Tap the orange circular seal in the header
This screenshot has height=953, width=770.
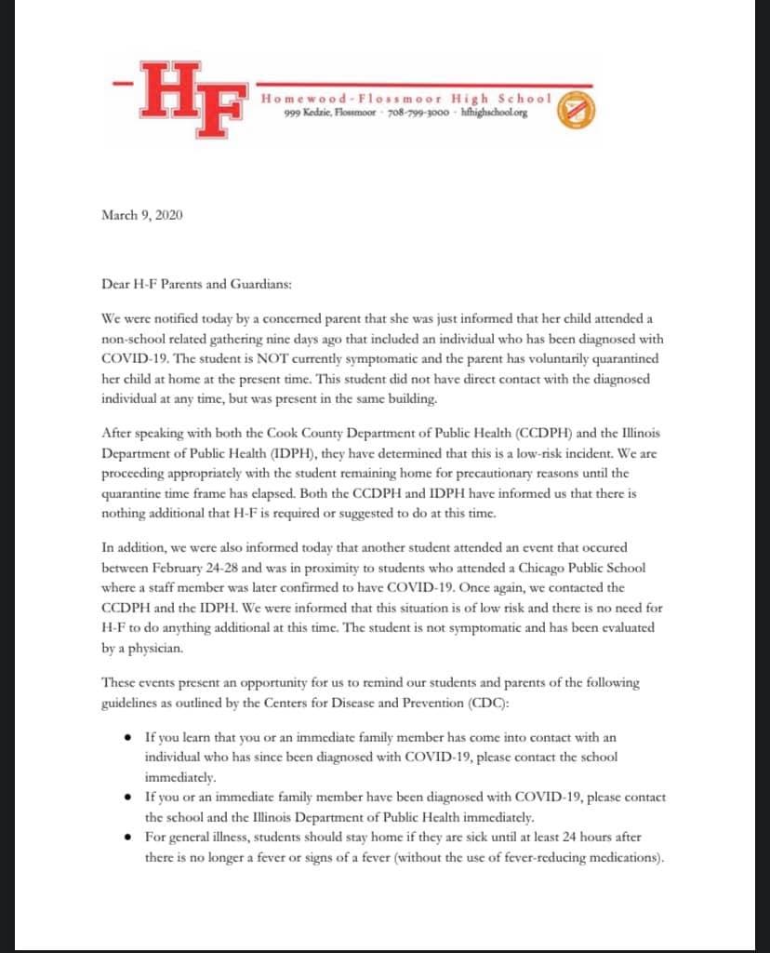tap(575, 108)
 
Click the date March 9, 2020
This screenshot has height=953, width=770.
tap(141, 215)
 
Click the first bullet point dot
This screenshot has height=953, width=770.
tap(127, 739)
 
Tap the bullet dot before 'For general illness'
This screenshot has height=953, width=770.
tap(127, 838)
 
